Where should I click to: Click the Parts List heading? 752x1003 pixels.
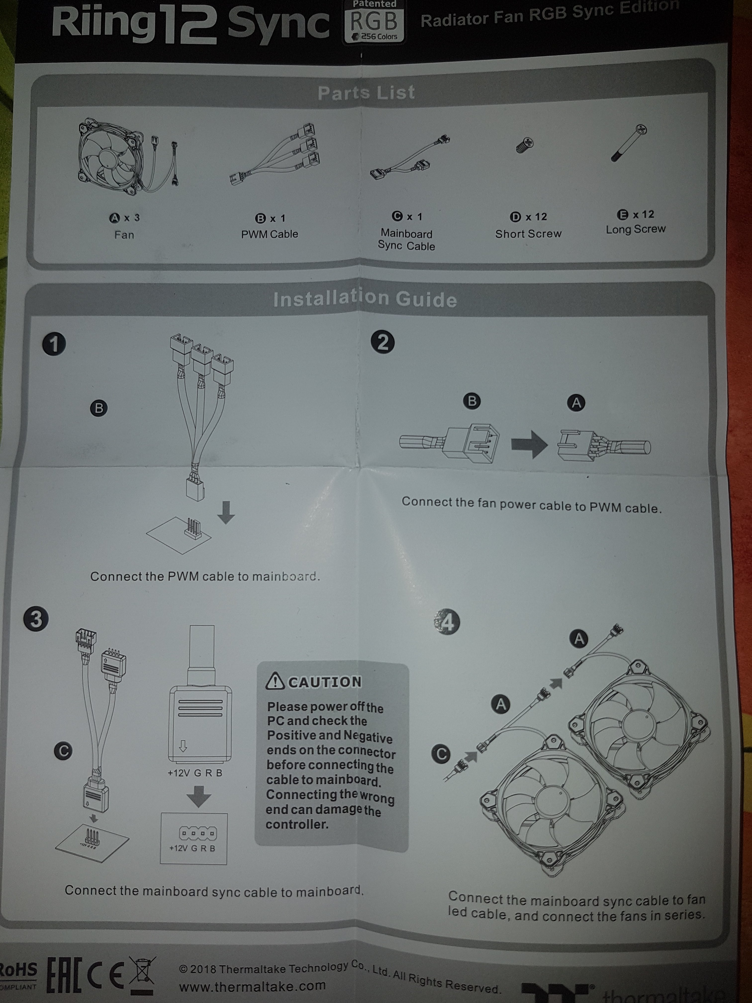point(366,93)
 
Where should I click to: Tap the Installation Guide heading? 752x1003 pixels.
point(365,299)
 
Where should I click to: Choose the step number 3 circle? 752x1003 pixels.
point(36,619)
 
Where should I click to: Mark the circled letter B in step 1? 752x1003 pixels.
point(99,408)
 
